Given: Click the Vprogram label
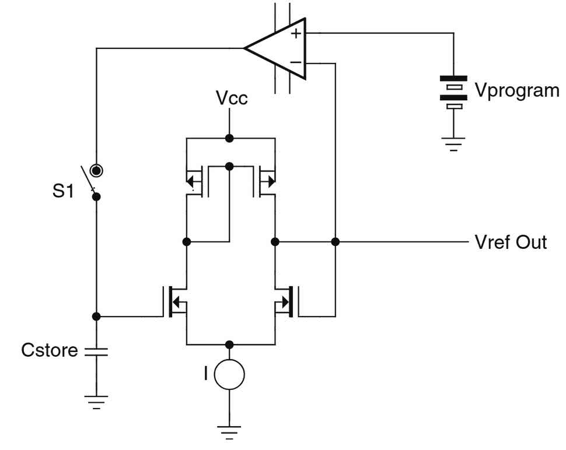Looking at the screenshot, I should (x=517, y=91).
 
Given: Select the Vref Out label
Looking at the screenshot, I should (x=512, y=241).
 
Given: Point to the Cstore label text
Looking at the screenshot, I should (x=50, y=350).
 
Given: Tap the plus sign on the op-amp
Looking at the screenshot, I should (x=296, y=33).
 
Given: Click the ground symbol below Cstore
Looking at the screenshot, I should (x=97, y=402).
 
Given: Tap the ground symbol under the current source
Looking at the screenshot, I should (x=229, y=432).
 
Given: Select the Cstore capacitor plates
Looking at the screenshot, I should (x=97, y=351).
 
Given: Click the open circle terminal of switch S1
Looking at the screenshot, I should (x=97, y=170).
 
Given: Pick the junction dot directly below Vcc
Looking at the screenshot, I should (x=230, y=139).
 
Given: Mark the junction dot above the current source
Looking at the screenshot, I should (x=230, y=344).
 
